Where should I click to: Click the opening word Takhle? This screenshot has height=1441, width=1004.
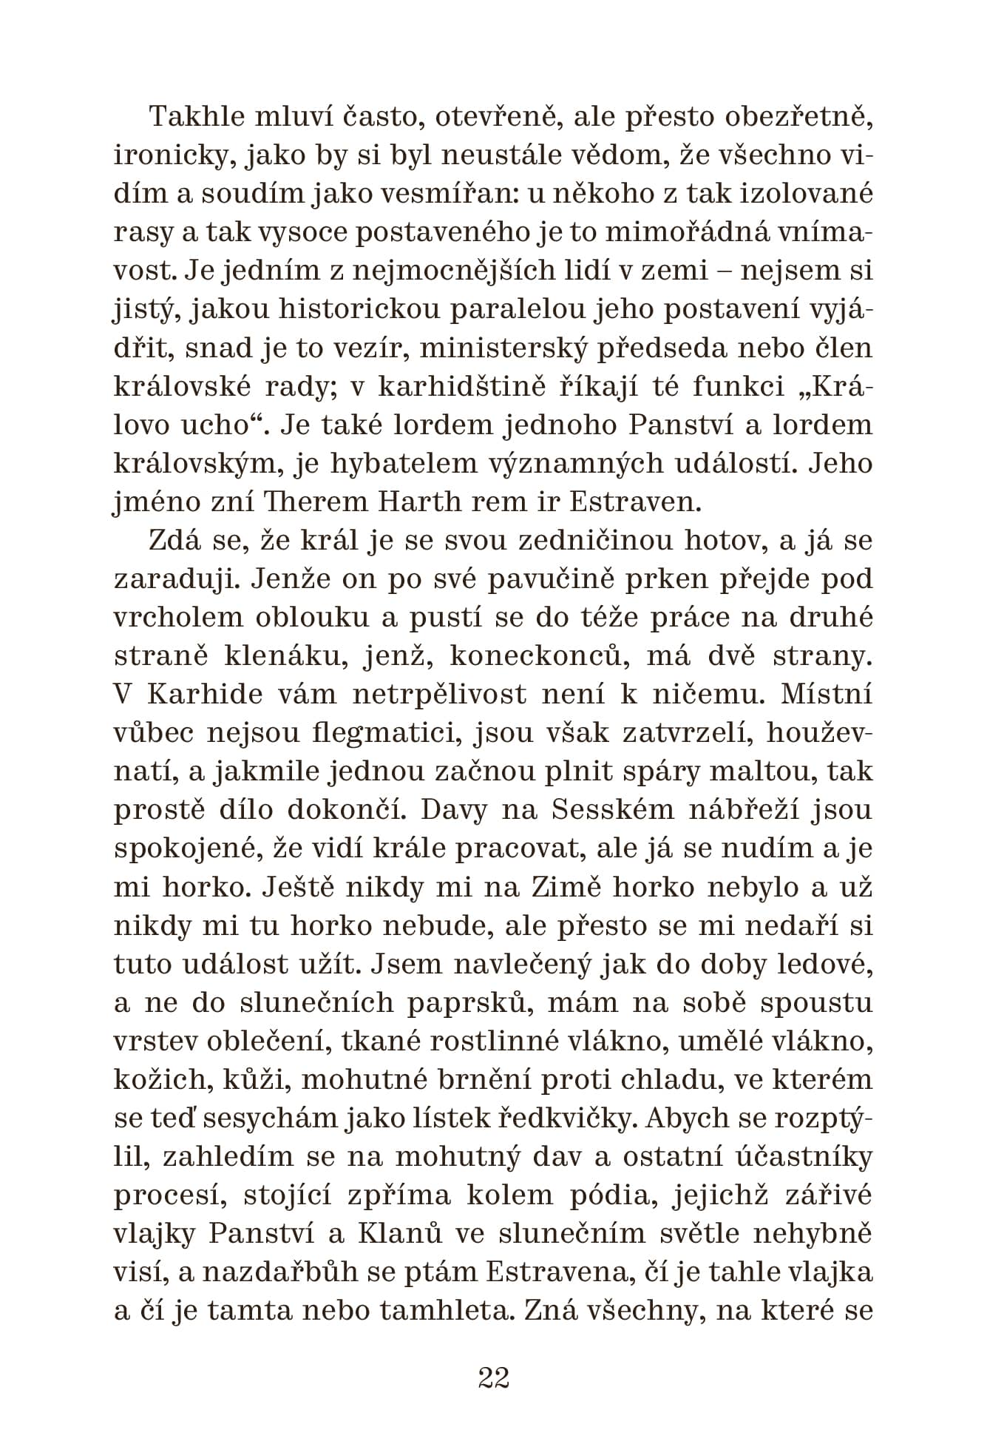(x=194, y=116)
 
